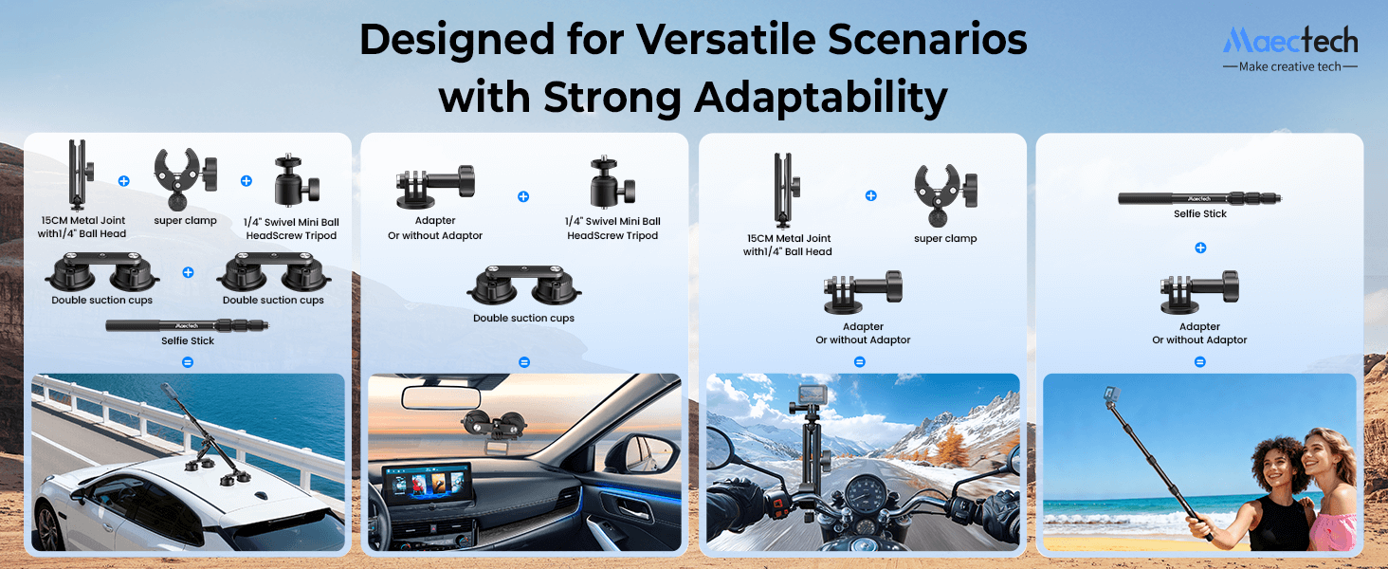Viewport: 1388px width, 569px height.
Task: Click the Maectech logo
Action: click(1289, 40)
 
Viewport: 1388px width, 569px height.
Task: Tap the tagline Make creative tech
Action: click(1289, 67)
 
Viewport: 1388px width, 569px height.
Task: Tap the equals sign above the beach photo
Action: click(1200, 361)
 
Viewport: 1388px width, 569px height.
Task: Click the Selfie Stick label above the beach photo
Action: click(1200, 214)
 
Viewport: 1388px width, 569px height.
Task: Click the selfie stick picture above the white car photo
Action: click(188, 324)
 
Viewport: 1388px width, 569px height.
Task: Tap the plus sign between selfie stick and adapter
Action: click(1200, 248)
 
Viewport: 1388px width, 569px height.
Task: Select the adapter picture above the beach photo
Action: click(1199, 292)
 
